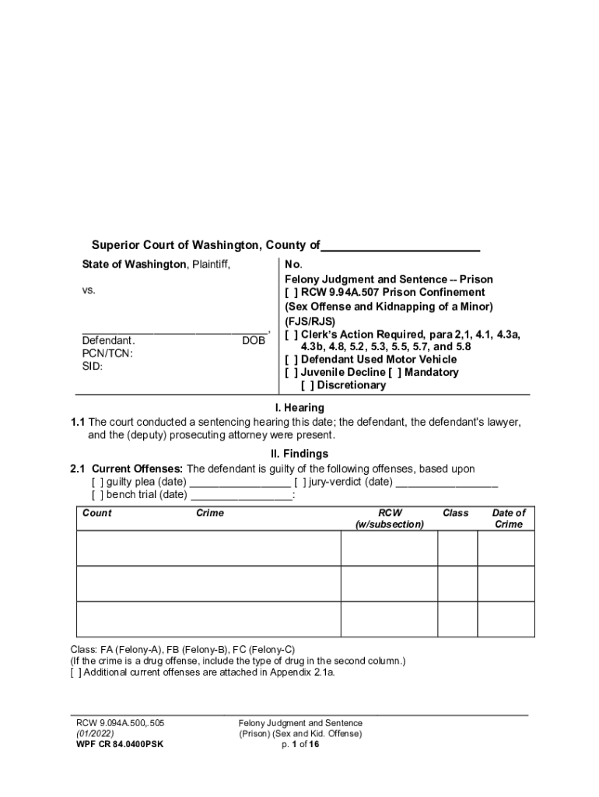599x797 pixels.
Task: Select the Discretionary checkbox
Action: [308, 385]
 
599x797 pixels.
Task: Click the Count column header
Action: [97, 513]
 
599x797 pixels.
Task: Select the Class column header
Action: [456, 513]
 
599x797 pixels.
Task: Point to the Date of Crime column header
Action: [509, 518]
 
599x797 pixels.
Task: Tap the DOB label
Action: [253, 341]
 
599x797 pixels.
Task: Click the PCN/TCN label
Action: [107, 353]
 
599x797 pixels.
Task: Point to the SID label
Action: [93, 366]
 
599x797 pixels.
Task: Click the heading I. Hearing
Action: [299, 408]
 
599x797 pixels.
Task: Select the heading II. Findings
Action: [299, 453]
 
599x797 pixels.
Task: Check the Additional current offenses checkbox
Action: [75, 672]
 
